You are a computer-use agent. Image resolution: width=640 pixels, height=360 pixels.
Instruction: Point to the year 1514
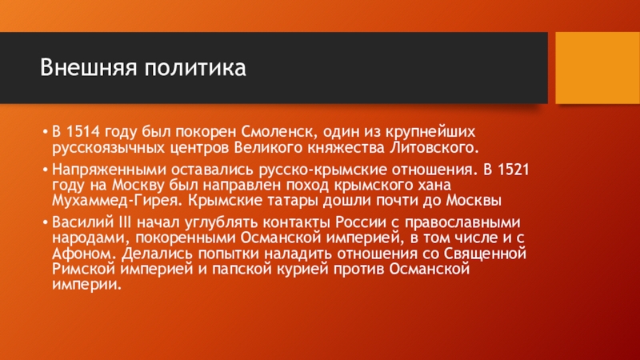point(82,130)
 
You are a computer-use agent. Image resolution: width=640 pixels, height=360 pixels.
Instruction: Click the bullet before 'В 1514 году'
point(45,130)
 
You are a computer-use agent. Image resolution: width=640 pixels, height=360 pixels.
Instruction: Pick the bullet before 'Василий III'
point(45,221)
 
